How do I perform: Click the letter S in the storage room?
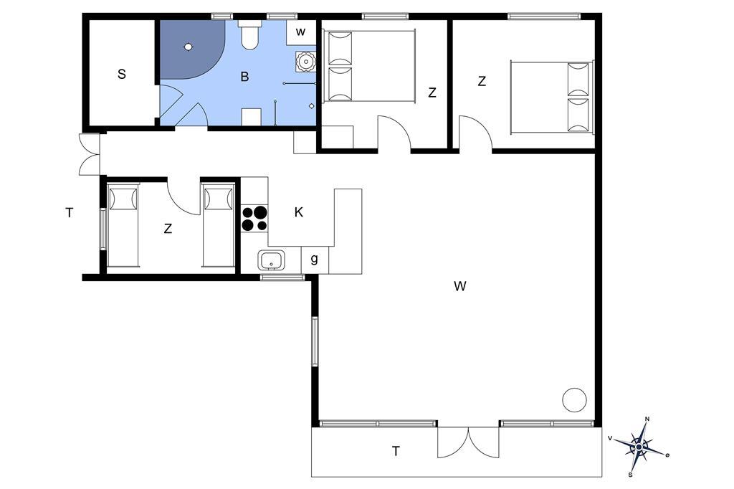tap(122, 74)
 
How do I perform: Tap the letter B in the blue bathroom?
tap(244, 76)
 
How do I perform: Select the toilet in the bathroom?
tap(249, 34)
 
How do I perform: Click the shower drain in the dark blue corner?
tap(189, 47)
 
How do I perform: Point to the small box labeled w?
tap(301, 32)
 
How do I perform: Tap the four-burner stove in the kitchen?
tap(254, 219)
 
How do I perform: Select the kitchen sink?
tap(271, 260)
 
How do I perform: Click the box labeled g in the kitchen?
tap(315, 259)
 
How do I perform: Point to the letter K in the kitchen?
tap(299, 212)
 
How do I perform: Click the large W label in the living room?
tap(459, 285)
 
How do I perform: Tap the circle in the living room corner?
tap(574, 400)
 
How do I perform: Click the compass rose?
tap(639, 447)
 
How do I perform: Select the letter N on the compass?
tap(647, 419)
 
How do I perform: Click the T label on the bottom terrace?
tap(396, 451)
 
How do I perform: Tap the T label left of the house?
tap(70, 213)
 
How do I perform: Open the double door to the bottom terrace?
tap(468, 442)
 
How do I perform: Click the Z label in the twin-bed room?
tap(168, 229)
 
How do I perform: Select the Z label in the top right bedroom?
tap(482, 82)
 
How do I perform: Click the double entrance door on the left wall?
tap(89, 155)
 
